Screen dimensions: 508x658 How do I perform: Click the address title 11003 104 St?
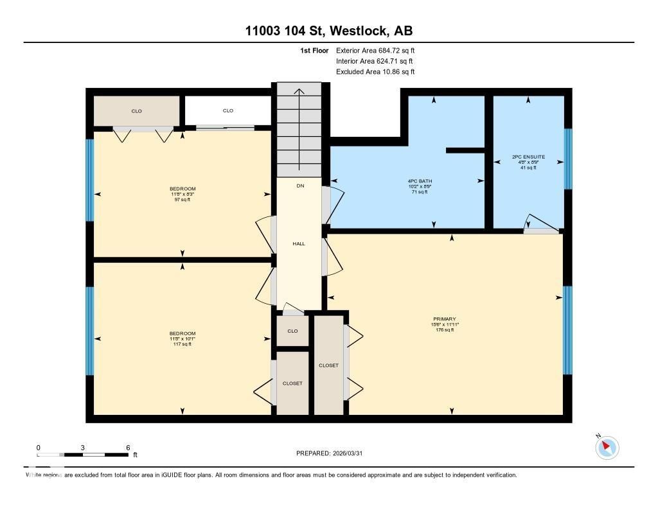328,31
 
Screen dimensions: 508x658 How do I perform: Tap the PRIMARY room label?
444,319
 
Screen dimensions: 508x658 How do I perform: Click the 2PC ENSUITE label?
528,157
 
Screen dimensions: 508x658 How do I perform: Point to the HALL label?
299,244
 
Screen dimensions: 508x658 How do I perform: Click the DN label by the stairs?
300,186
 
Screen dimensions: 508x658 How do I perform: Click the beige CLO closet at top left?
136,111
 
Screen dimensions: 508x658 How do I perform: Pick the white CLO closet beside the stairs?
228,111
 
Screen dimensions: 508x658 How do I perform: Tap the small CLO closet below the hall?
292,331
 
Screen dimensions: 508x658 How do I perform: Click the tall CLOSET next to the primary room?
328,365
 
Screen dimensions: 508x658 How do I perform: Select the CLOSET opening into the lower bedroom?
292,383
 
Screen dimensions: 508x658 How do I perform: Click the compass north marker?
607,448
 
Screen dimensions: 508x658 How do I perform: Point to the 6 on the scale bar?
128,448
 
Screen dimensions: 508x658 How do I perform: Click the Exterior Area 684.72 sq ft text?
379,50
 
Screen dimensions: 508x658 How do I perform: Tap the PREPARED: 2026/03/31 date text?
333,453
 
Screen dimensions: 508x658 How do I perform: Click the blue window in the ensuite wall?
567,159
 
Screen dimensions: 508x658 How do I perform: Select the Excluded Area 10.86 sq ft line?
379,72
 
